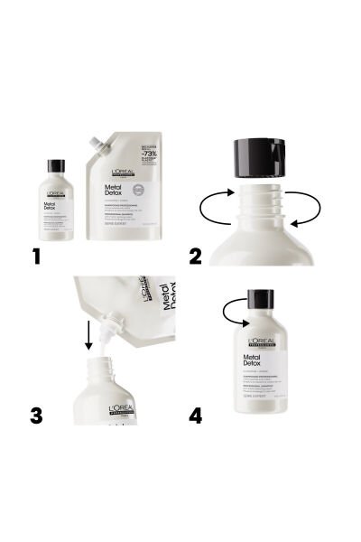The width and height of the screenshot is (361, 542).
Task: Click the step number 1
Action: tap(36, 256)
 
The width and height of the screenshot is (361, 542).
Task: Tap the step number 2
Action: tap(195, 256)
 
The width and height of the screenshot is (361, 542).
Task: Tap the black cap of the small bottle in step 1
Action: tap(56, 165)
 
